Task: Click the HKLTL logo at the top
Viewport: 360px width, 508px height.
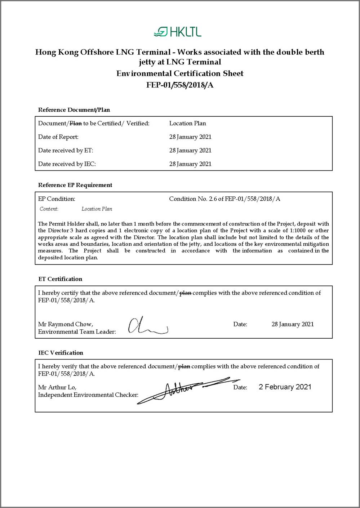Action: pos(177,32)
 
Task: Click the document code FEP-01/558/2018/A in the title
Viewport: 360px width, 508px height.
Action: pos(180,85)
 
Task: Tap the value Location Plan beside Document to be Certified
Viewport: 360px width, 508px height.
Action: pos(187,123)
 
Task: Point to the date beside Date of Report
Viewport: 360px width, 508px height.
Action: pos(190,137)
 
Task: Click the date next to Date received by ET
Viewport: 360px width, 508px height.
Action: pos(190,150)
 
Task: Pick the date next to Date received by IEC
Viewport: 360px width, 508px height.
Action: pos(190,164)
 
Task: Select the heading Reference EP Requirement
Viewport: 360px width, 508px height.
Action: pos(75,185)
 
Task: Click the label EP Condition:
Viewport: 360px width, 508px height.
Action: pos(57,199)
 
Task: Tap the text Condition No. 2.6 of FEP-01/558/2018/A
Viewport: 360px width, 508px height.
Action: pos(225,199)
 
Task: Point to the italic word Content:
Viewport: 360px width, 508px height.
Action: pos(49,209)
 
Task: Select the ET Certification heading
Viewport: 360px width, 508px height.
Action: pos(60,279)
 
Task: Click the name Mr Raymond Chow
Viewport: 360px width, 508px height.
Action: pos(65,324)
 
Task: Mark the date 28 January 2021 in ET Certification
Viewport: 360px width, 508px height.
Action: pos(293,324)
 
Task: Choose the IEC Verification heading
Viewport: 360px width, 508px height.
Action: pos(61,353)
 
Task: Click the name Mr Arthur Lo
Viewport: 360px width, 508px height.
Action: pos(57,387)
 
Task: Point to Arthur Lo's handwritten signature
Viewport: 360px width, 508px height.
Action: pos(187,389)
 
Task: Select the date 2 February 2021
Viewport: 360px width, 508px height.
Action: pos(285,387)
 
